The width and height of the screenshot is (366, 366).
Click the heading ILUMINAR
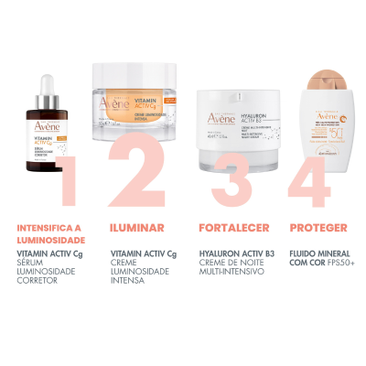(x=136, y=228)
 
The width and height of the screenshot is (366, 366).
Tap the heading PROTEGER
(x=313, y=228)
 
